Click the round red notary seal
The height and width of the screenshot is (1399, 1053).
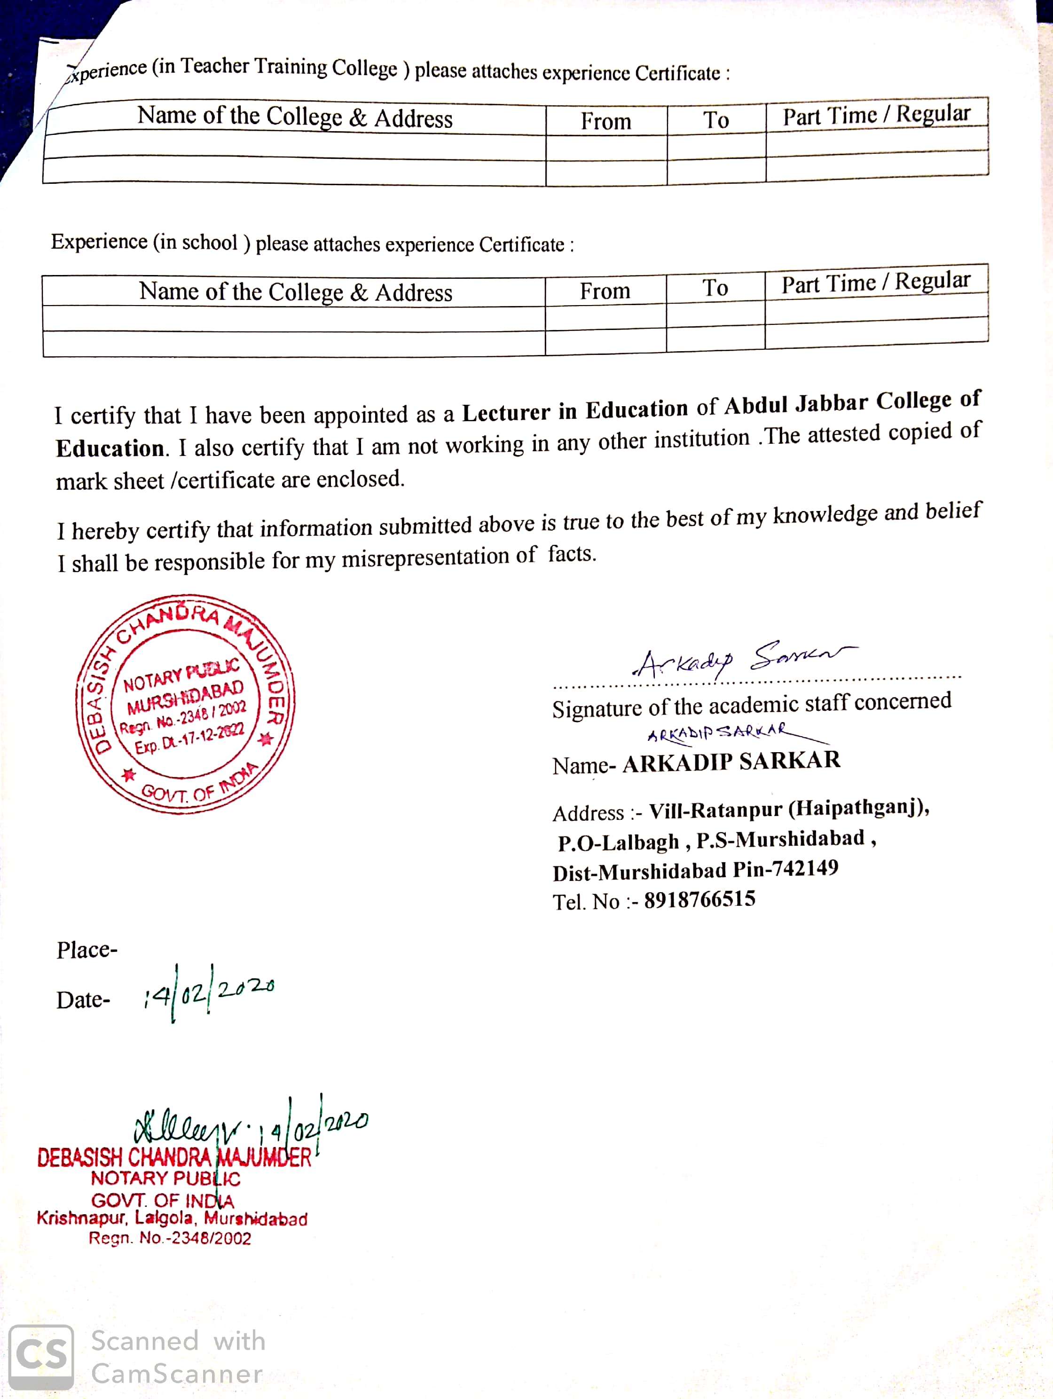coord(185,704)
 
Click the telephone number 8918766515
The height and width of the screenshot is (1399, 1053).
coord(699,899)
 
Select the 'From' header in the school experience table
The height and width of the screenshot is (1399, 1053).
coord(605,291)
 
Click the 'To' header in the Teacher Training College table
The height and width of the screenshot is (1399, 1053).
coord(716,119)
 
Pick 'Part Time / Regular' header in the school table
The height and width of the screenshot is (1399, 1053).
coord(875,283)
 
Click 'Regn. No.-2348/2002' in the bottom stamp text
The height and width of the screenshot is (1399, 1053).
coord(170,1238)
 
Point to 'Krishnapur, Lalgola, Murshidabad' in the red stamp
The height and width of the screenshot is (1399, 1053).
coord(172,1218)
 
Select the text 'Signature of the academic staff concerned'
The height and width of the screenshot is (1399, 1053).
coord(751,705)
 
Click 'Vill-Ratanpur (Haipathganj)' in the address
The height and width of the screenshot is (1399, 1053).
coord(789,809)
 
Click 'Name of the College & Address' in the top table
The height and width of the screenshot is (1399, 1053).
coord(295,117)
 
